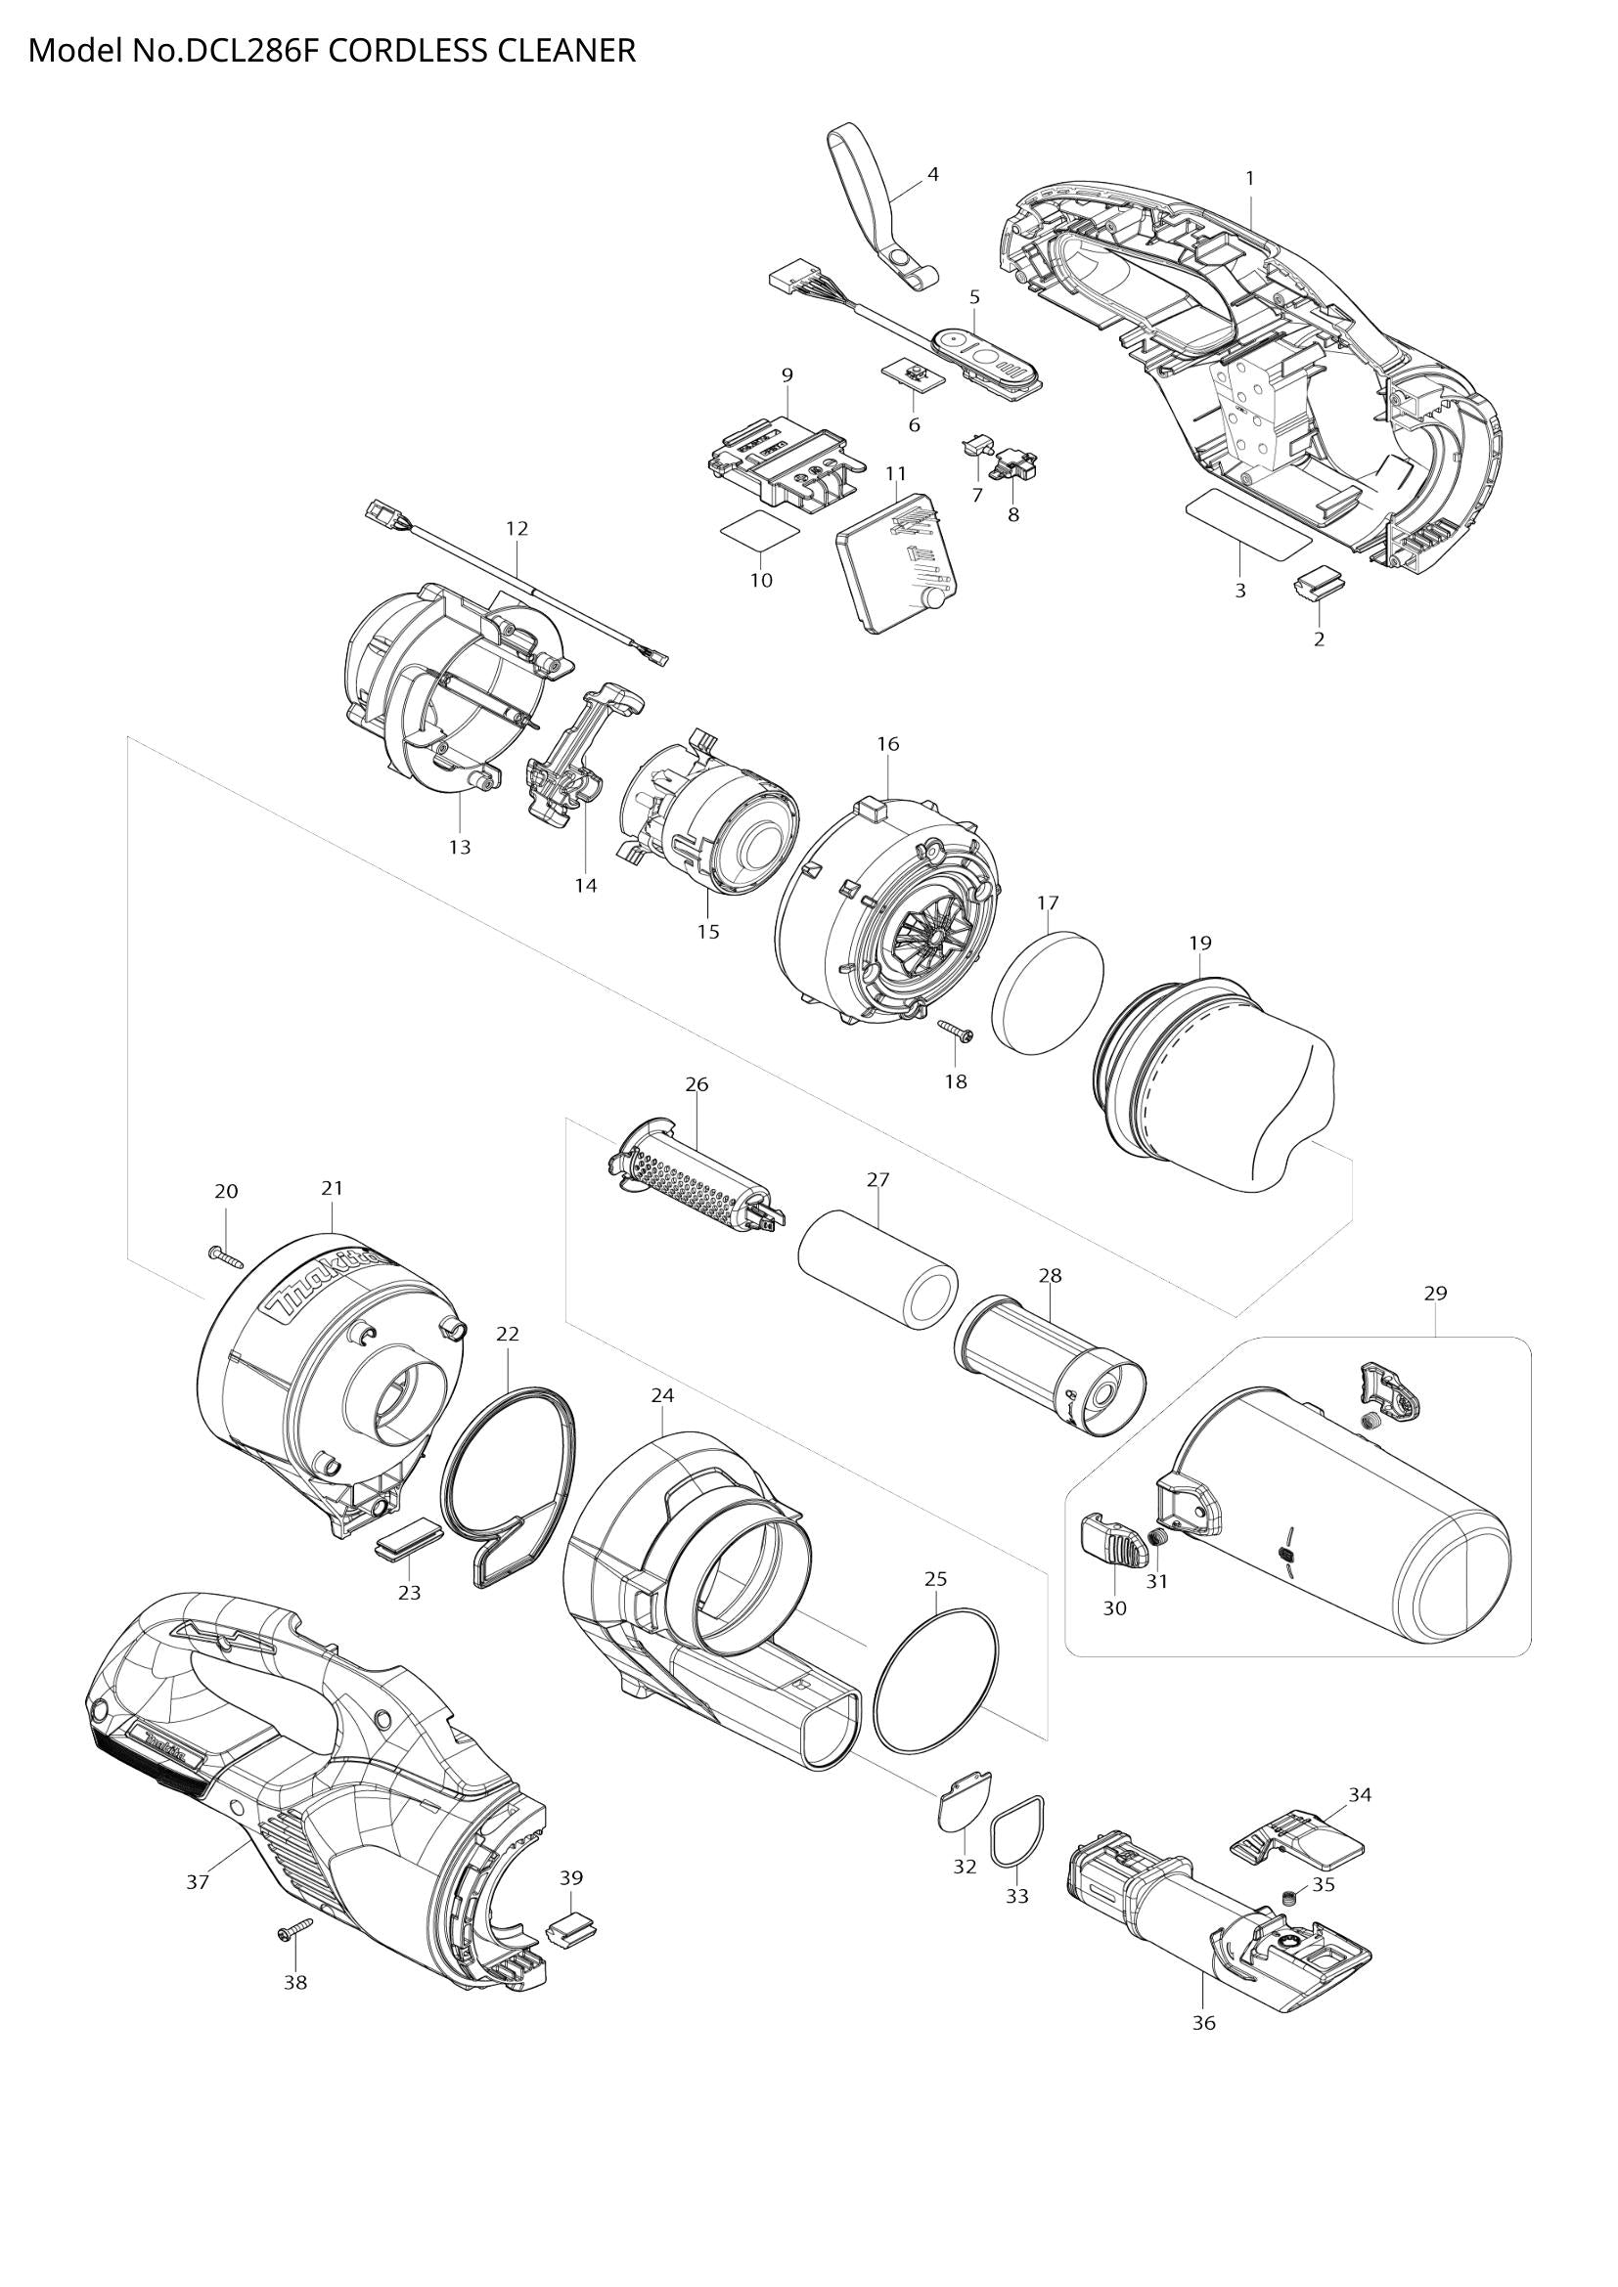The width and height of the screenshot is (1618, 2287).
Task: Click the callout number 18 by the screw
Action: pos(955,1081)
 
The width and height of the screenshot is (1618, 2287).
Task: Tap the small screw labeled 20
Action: pos(227,1258)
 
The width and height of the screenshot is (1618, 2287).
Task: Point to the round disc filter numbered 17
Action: pos(1049,991)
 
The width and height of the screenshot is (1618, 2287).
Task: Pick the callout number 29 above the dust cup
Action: pos(1435,1293)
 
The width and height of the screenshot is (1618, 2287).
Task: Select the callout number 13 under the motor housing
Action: pos(460,847)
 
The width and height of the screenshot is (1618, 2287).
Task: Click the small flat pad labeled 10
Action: pos(763,530)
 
